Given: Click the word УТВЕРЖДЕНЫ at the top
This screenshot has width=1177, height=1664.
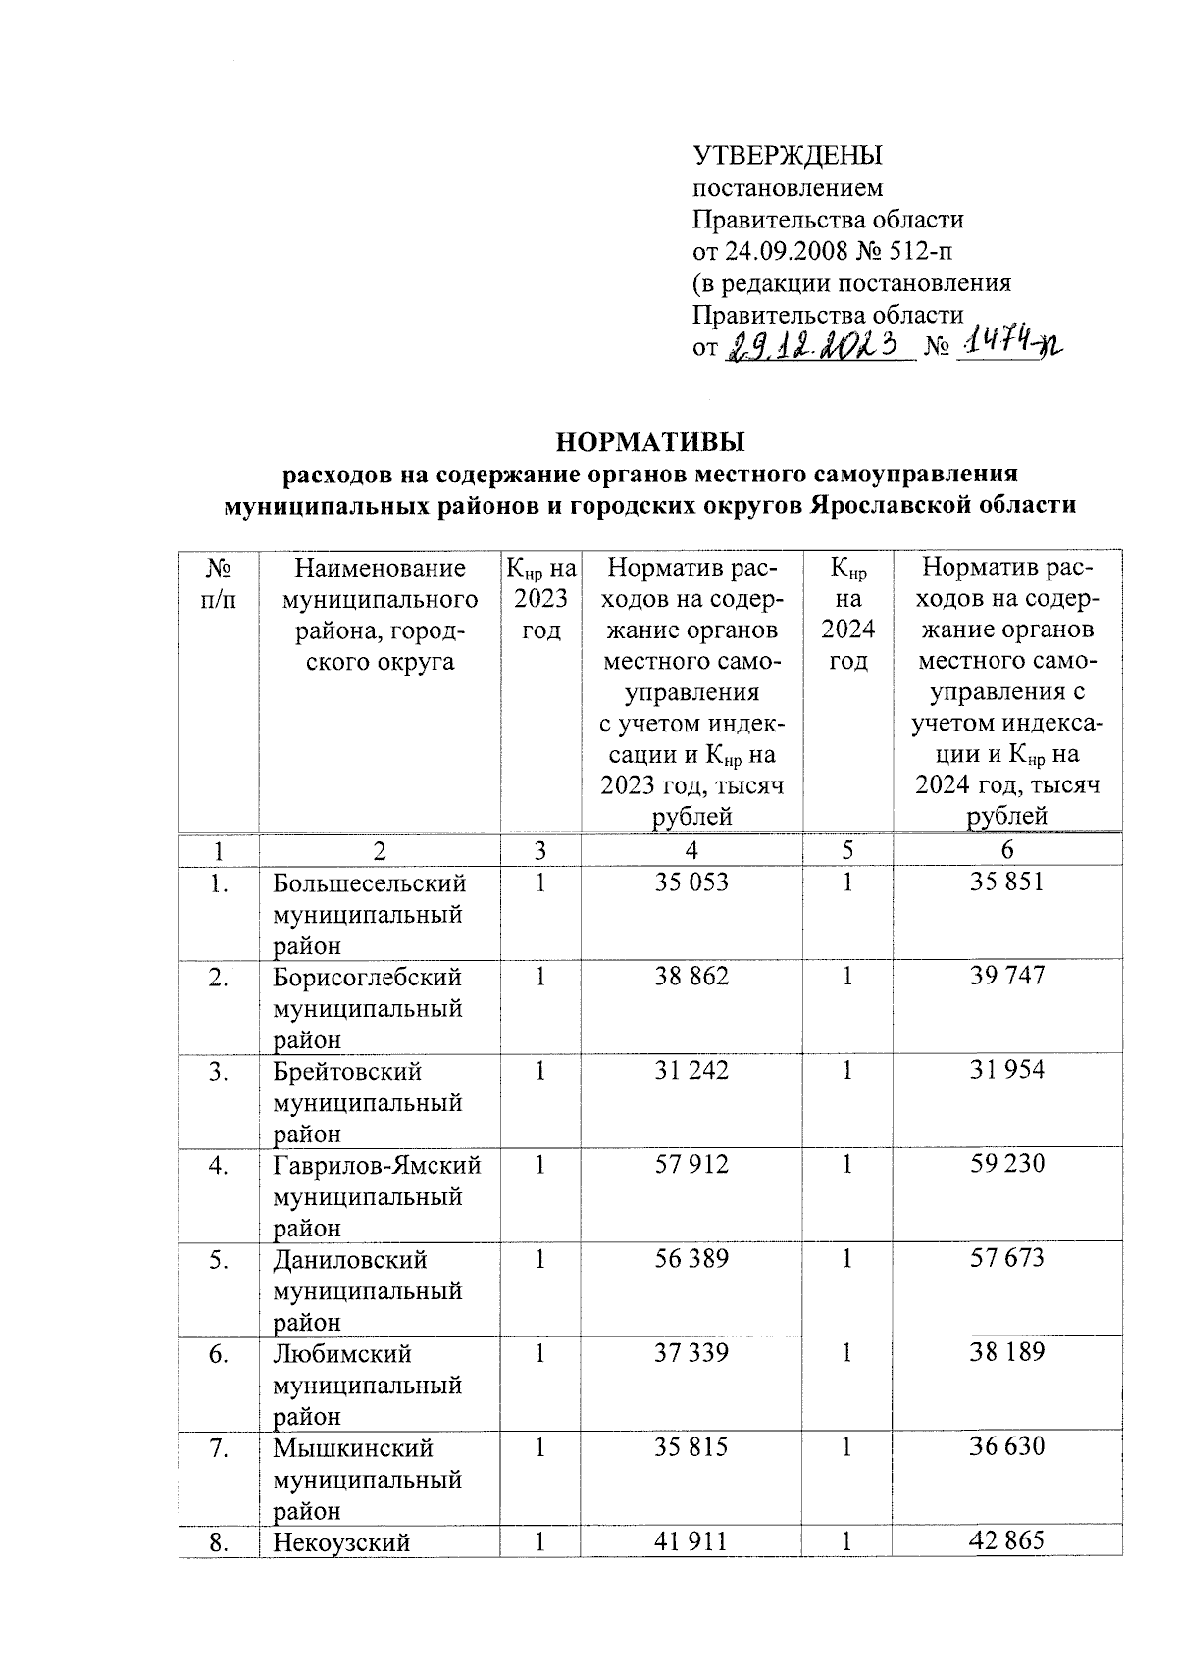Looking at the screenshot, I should click(x=788, y=156).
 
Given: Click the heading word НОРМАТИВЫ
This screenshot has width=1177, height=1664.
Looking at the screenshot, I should click(x=650, y=441).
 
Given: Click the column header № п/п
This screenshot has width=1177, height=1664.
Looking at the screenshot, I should click(x=218, y=584).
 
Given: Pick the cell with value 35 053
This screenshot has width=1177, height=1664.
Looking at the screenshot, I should click(x=691, y=882).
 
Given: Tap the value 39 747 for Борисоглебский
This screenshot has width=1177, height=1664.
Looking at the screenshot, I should click(x=1006, y=976).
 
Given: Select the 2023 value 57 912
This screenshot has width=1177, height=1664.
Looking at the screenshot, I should click(x=691, y=1164).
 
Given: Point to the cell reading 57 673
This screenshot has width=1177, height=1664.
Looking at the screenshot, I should click(x=1006, y=1258).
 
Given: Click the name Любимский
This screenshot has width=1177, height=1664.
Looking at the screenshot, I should click(x=342, y=1354).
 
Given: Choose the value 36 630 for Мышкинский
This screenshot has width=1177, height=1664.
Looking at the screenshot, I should click(x=1006, y=1446).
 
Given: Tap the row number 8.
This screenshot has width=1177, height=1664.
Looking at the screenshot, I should click(x=219, y=1542).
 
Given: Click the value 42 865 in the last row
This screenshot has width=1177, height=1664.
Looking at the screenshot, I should click(x=1006, y=1540).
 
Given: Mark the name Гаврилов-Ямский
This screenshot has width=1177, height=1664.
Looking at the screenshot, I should click(x=377, y=1165).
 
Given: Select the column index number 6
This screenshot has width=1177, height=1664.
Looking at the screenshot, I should click(x=1007, y=850).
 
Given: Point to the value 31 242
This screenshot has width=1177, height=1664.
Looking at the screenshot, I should click(x=691, y=1070).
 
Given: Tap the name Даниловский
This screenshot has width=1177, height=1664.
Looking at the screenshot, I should click(x=349, y=1259).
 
